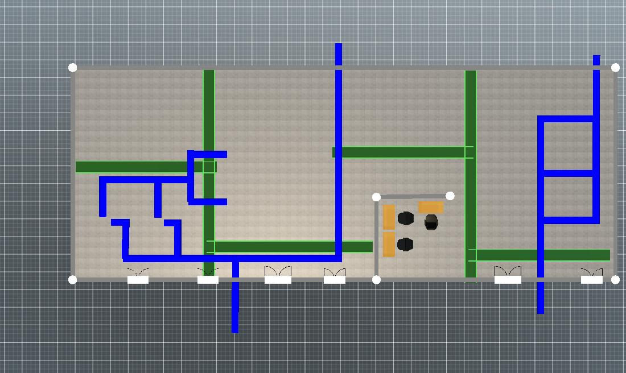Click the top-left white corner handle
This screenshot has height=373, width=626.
pyautogui.click(x=72, y=68)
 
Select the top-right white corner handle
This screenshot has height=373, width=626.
pyautogui.click(x=615, y=68)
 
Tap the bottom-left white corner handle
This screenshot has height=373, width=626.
pyautogui.click(x=72, y=279)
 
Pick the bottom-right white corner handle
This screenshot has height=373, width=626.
pyautogui.click(x=615, y=279)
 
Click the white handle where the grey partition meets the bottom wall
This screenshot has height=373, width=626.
pyautogui.click(x=376, y=279)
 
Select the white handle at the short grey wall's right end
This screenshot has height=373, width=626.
pyautogui.click(x=450, y=196)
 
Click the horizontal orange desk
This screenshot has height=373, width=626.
pyautogui.click(x=431, y=207)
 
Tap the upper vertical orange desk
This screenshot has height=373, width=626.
pyautogui.click(x=389, y=217)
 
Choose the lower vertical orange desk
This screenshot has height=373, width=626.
pyautogui.click(x=389, y=244)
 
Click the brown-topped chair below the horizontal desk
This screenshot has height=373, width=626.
pyautogui.click(x=431, y=222)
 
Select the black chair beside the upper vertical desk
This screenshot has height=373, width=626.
pyautogui.click(x=405, y=218)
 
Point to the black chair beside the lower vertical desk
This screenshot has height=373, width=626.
pyautogui.click(x=405, y=244)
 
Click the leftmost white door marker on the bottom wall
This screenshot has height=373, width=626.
pyautogui.click(x=138, y=279)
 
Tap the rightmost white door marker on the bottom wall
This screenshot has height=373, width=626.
pyautogui.click(x=592, y=279)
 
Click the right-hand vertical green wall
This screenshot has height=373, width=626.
pyautogui.click(x=471, y=114)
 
